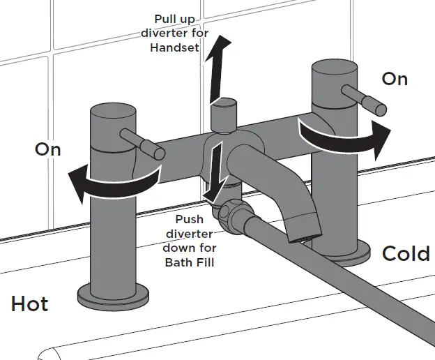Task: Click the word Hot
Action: [30, 304]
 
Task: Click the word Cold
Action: [406, 253]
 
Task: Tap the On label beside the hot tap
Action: [48, 149]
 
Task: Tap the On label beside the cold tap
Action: [395, 79]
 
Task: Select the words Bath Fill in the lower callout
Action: [190, 262]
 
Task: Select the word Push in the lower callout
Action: [190, 219]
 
